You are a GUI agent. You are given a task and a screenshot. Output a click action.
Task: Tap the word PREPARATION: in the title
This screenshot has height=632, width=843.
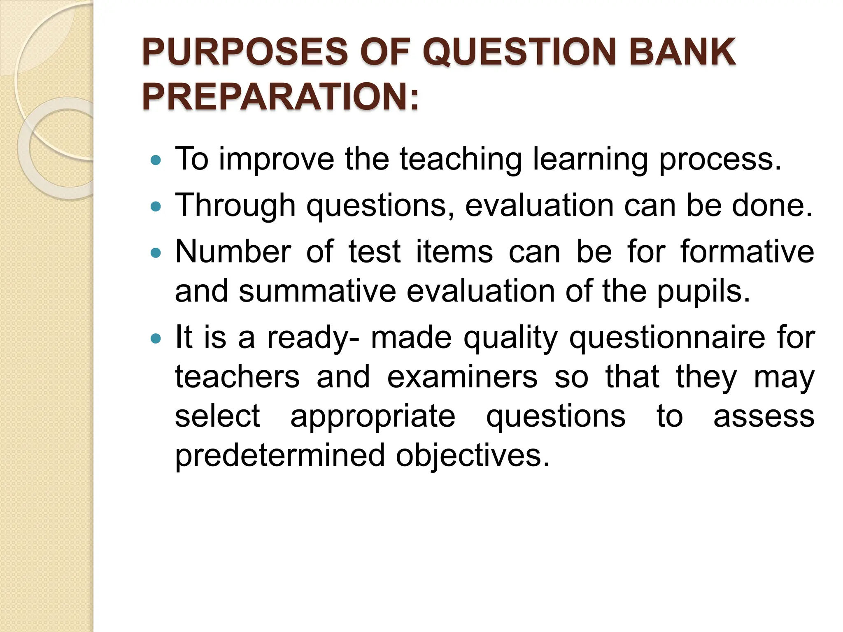280,97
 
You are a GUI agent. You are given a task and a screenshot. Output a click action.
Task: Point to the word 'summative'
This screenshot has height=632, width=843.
317,292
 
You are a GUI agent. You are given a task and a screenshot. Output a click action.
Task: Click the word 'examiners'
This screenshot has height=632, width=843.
462,377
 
